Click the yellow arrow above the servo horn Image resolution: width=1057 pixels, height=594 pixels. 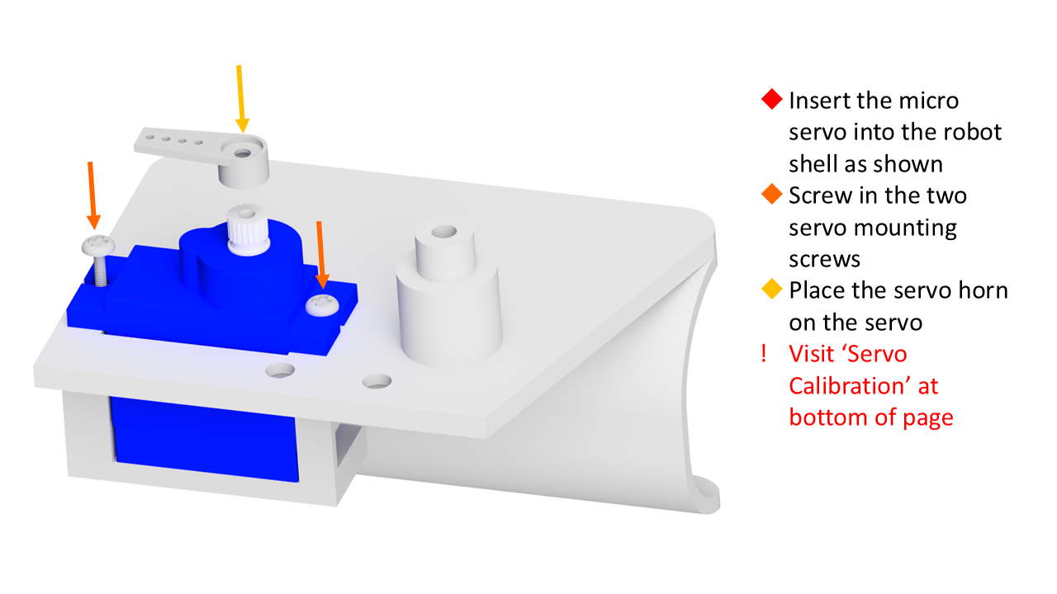[240, 99]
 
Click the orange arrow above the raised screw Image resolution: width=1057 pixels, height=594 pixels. [92, 196]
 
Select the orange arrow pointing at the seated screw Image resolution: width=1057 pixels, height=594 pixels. [321, 255]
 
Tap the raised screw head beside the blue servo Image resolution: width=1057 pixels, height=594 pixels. [98, 245]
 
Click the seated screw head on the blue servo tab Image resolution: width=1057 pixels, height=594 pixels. [322, 304]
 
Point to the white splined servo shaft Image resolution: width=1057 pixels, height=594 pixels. [248, 226]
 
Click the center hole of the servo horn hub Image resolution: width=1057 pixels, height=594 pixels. [243, 153]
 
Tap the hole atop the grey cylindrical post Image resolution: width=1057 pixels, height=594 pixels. [443, 232]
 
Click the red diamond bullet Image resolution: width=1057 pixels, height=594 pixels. [772, 99]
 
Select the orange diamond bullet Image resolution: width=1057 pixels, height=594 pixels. [772, 194]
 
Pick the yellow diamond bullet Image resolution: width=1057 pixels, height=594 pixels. [772, 289]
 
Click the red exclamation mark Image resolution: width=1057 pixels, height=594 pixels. [764, 354]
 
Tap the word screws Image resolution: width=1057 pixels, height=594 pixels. [824, 260]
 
